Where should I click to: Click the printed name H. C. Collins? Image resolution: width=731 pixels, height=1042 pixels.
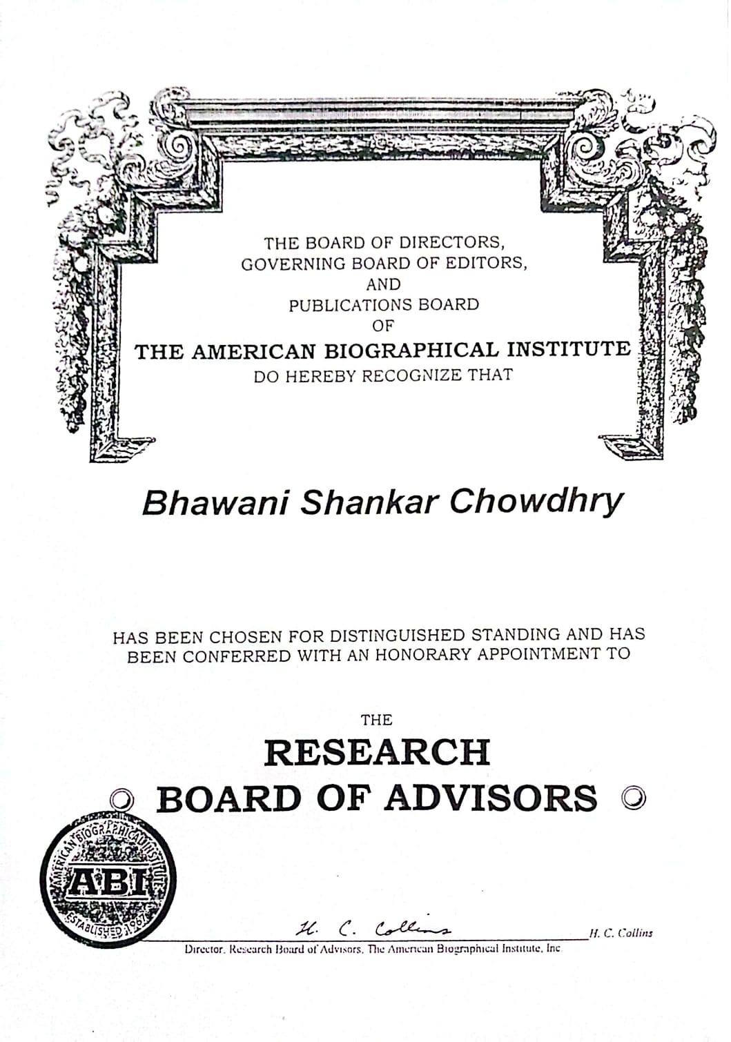click(620, 933)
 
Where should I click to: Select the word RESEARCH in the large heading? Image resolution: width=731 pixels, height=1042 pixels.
click(377, 751)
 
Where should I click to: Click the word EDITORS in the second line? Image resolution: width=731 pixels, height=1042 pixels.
click(492, 264)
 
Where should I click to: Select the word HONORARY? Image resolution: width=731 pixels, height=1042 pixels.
click(422, 654)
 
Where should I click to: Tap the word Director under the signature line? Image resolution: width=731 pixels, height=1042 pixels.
click(204, 950)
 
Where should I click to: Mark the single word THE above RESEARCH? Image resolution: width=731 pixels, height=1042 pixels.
click(376, 720)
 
